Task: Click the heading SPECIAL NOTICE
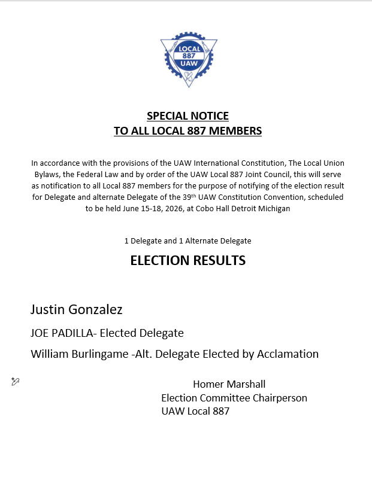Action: pyautogui.click(x=187, y=116)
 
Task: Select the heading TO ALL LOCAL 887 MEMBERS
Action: pyautogui.click(x=187, y=130)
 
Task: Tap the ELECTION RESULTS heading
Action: pyautogui.click(x=187, y=260)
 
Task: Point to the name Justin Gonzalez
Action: pyautogui.click(x=77, y=310)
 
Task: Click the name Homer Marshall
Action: pyautogui.click(x=229, y=384)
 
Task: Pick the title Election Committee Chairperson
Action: pyautogui.click(x=234, y=398)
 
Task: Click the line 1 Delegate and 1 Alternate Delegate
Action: pyautogui.click(x=187, y=241)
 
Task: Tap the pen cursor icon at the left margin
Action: pyautogui.click(x=16, y=382)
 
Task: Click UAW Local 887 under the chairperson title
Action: pyautogui.click(x=195, y=411)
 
